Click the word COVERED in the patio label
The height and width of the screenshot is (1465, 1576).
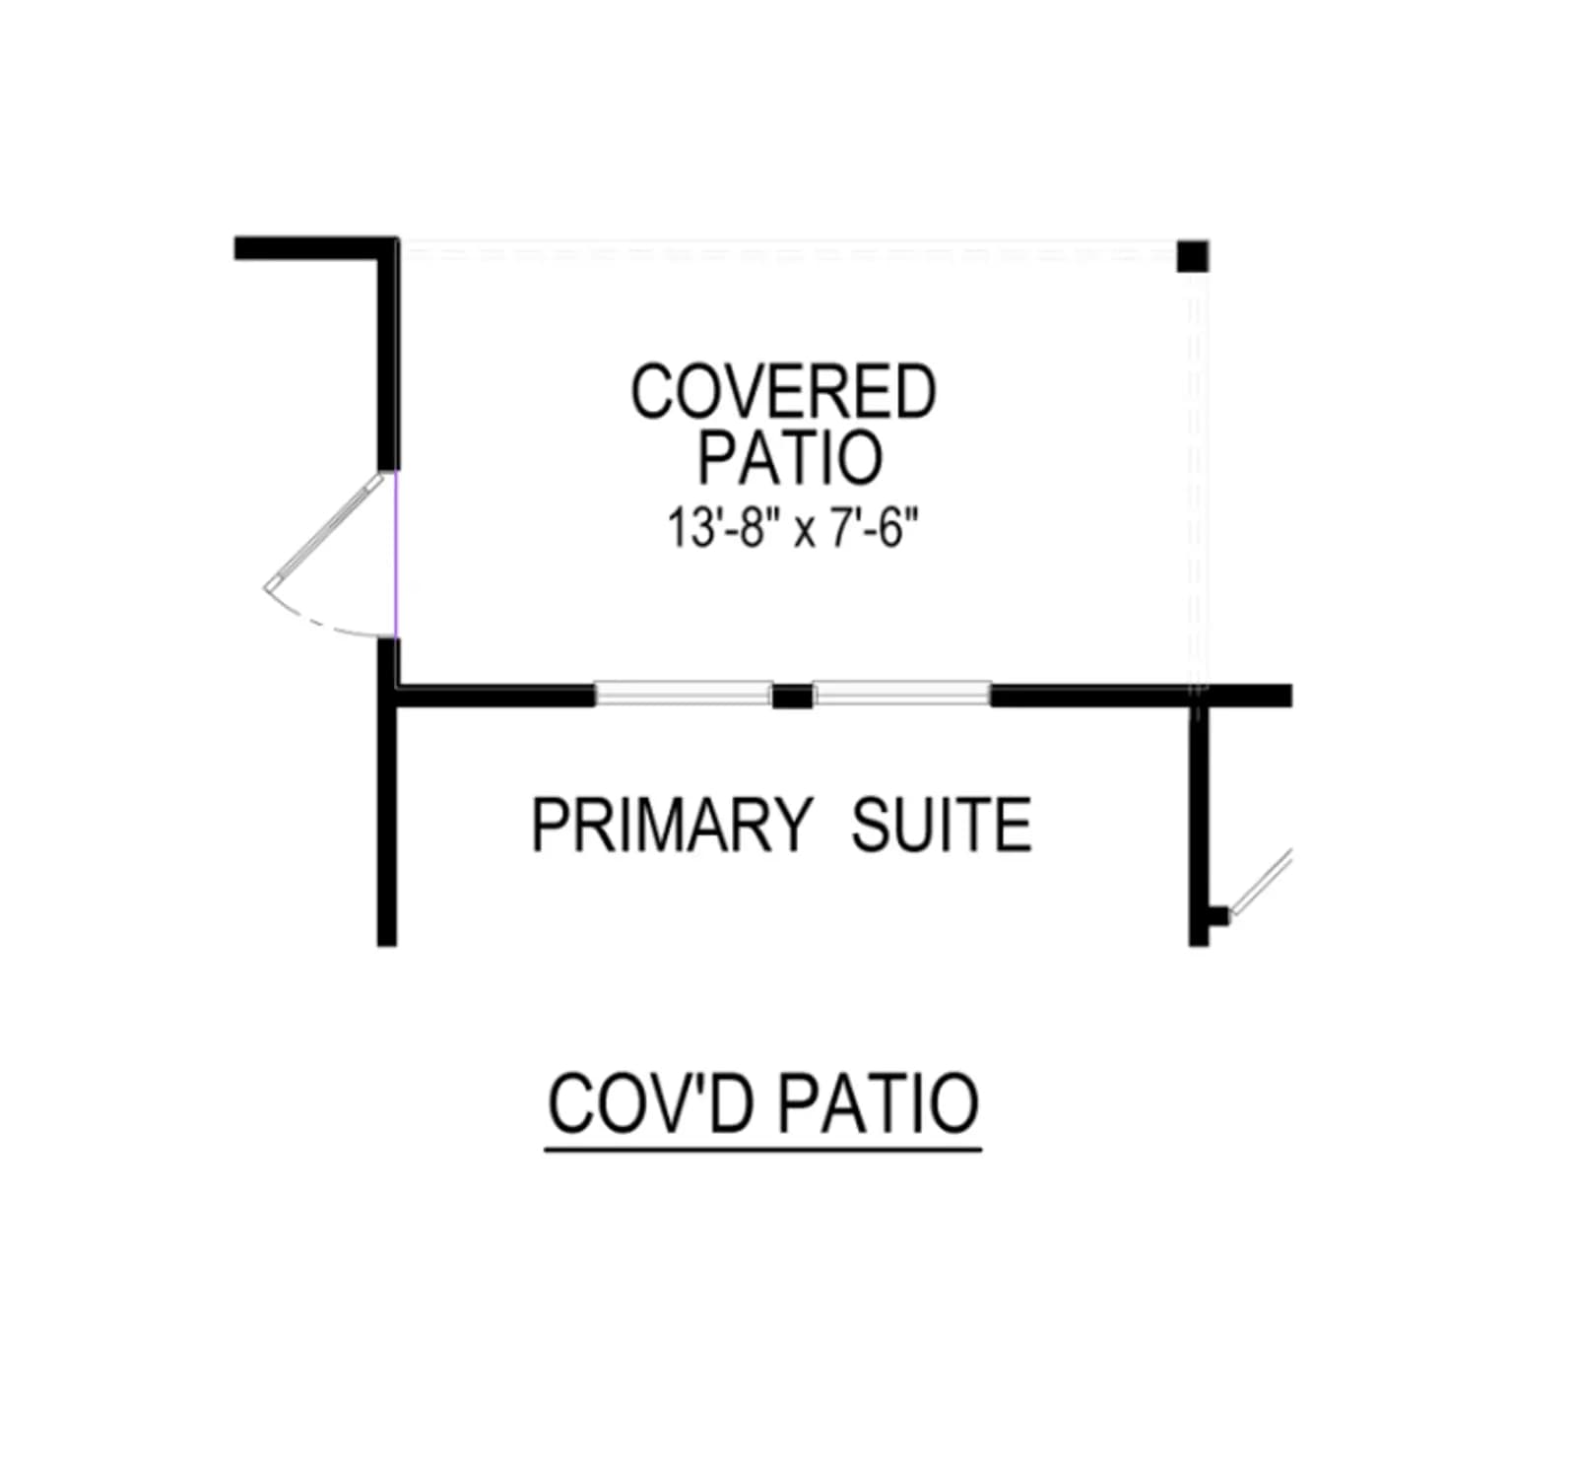pos(783,392)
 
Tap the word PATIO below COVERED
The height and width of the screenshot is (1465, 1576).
pos(790,457)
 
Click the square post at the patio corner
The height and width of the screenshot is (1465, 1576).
pos(1193,256)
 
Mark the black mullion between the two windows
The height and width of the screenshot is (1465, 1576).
pos(792,696)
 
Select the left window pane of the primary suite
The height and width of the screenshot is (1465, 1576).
pos(684,694)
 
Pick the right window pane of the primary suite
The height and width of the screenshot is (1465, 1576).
pos(901,694)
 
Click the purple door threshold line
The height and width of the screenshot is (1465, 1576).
pos(395,554)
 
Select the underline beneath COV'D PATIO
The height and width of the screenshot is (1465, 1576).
pos(763,1149)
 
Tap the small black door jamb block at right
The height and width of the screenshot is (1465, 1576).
pos(1218,915)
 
